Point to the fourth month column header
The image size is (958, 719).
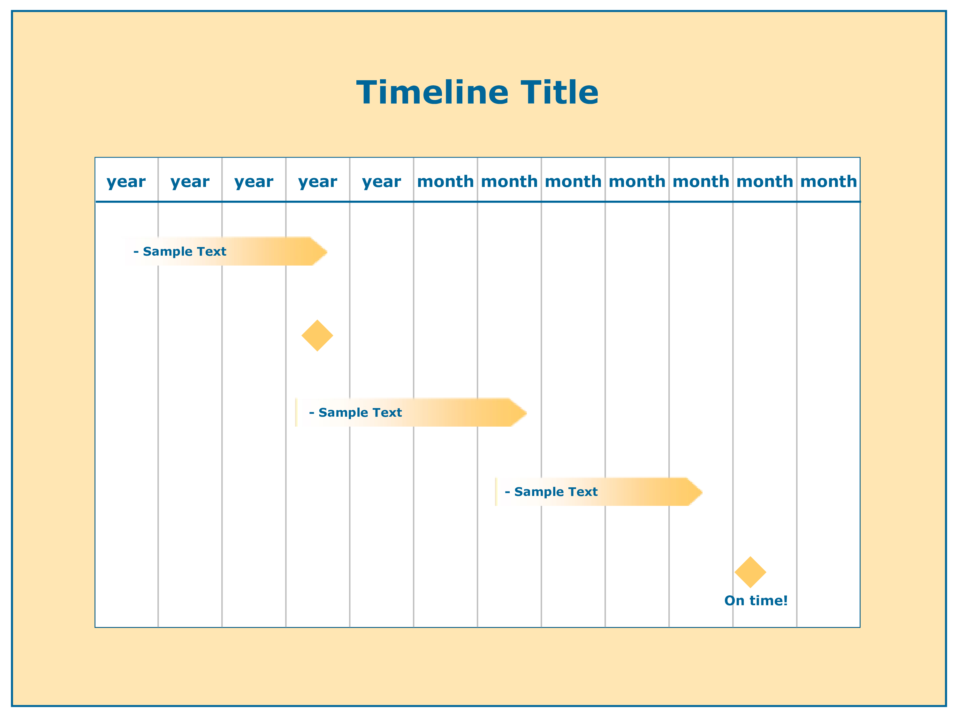[x=637, y=181]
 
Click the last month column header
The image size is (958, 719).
[x=828, y=181]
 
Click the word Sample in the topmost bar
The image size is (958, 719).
[x=168, y=252]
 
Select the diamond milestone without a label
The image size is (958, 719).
[x=317, y=336]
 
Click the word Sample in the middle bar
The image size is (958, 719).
[x=343, y=413]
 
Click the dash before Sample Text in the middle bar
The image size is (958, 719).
[x=311, y=413]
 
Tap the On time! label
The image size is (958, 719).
[x=756, y=601]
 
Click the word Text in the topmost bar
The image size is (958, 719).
[x=212, y=251]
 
